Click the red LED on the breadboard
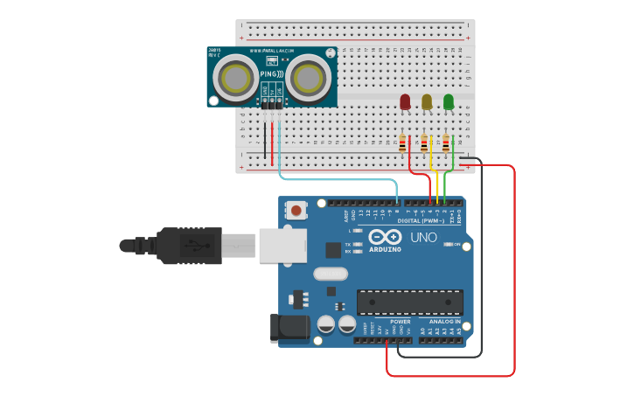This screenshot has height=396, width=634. pyautogui.click(x=405, y=102)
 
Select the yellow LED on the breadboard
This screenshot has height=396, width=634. pyautogui.click(x=427, y=102)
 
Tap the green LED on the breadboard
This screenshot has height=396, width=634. pyautogui.click(x=449, y=102)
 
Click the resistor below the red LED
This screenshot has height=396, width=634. pyautogui.click(x=402, y=142)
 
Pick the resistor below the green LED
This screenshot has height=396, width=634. pyautogui.click(x=445, y=142)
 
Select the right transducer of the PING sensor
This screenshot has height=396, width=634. pyautogui.click(x=310, y=78)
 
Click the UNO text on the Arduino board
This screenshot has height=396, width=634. pyautogui.click(x=423, y=237)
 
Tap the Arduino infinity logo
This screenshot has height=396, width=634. pyautogui.click(x=385, y=237)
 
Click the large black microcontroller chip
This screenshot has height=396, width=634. pyautogui.click(x=409, y=302)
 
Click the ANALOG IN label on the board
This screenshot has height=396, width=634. pyautogui.click(x=444, y=322)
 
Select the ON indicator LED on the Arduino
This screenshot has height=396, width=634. pyautogui.click(x=449, y=245)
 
